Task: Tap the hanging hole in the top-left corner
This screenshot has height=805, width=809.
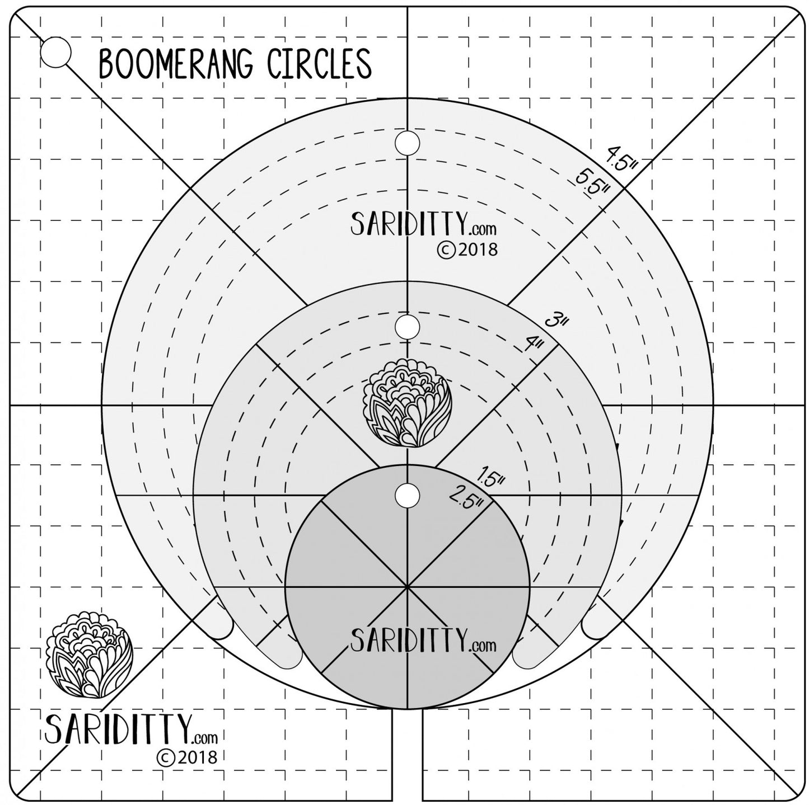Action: click(x=55, y=52)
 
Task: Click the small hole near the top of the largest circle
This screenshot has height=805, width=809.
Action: click(x=407, y=143)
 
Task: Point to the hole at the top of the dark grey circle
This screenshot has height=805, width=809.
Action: click(x=407, y=495)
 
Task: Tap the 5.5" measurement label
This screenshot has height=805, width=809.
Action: click(x=592, y=182)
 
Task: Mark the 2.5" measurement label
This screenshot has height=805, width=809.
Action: click(x=466, y=495)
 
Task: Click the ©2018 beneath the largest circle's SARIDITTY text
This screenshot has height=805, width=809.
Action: click(x=466, y=249)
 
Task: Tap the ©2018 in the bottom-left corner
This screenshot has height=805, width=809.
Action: click(x=186, y=757)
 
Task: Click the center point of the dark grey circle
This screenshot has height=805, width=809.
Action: click(x=408, y=587)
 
